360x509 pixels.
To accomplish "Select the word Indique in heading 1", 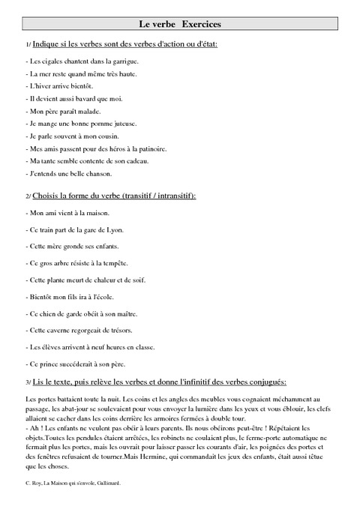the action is point(48,45).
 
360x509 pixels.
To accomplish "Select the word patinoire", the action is point(148,148).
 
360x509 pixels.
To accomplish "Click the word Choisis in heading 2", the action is point(50,196).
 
